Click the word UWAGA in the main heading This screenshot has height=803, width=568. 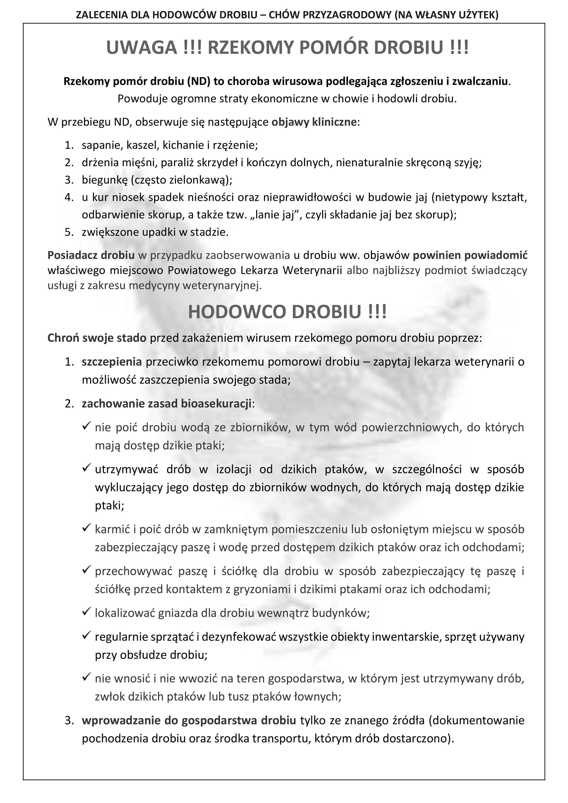142,48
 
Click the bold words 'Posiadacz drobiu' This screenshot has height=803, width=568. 91,255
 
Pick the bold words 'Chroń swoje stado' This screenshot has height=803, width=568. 97,338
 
